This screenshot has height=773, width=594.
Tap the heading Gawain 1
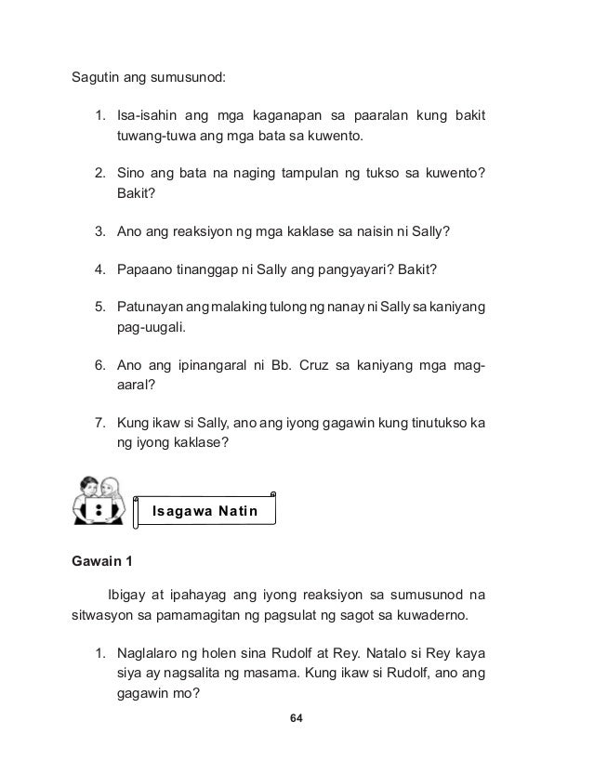tap(103, 563)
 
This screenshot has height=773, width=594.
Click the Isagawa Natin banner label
tap(205, 511)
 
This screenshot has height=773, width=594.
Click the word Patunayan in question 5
tap(152, 308)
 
